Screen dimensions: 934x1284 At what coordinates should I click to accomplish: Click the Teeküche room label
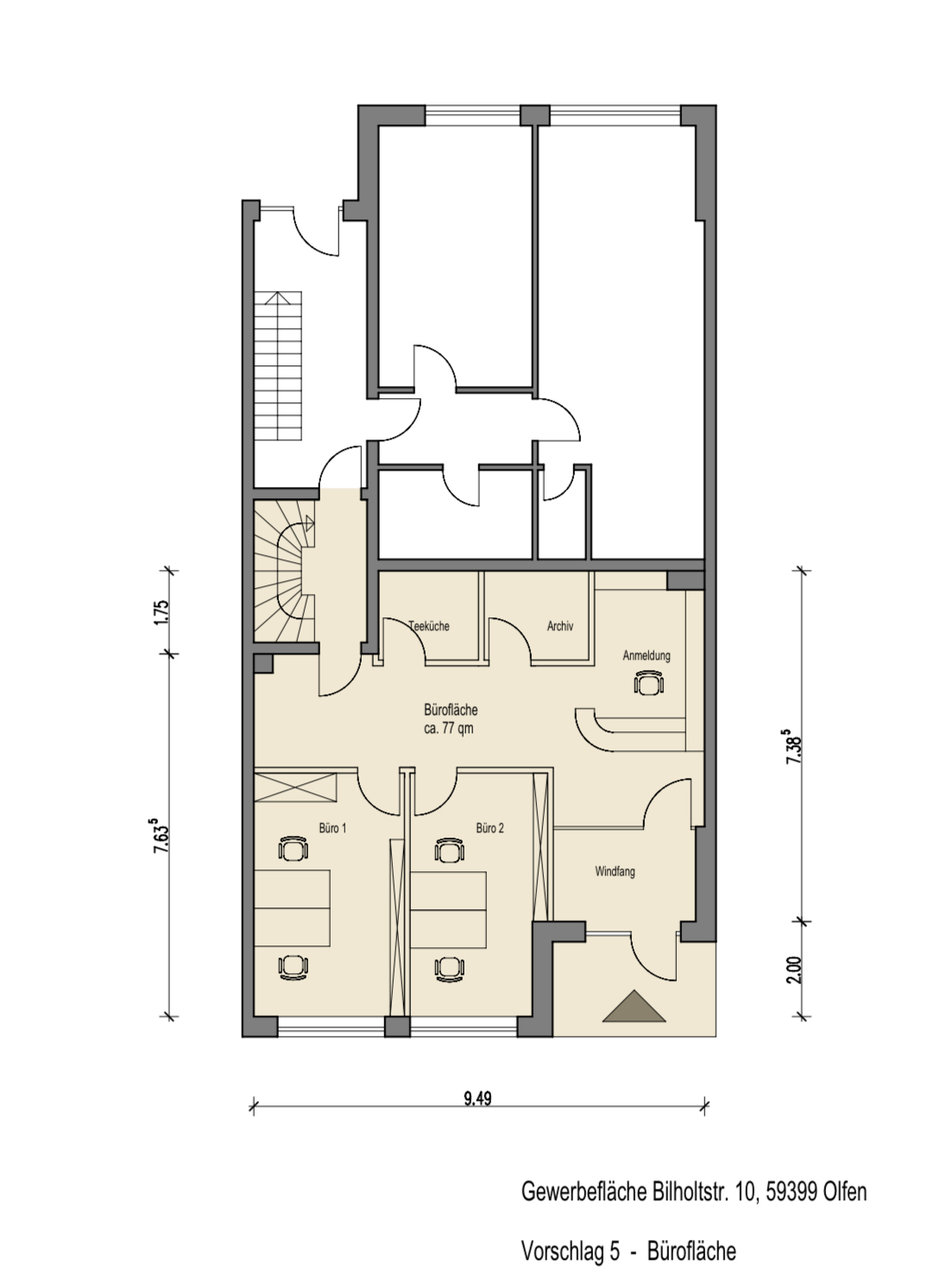pyautogui.click(x=429, y=626)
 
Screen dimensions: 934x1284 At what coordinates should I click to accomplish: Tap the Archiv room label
pyautogui.click(x=560, y=626)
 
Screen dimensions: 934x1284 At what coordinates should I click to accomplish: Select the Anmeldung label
pyautogui.click(x=647, y=655)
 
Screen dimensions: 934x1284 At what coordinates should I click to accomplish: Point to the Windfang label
pyautogui.click(x=615, y=872)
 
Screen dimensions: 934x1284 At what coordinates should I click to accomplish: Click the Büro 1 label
pyautogui.click(x=332, y=828)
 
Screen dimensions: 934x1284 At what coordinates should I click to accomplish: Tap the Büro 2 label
pyautogui.click(x=490, y=828)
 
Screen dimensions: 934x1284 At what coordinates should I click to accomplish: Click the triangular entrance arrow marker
pyautogui.click(x=634, y=1008)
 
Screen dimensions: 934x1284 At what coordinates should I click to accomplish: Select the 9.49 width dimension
pyautogui.click(x=477, y=1098)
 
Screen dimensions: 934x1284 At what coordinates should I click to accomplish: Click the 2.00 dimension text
pyautogui.click(x=794, y=970)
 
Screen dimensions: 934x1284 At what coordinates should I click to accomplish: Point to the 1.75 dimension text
pyautogui.click(x=162, y=611)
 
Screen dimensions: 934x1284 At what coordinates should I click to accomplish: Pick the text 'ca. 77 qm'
pyautogui.click(x=449, y=729)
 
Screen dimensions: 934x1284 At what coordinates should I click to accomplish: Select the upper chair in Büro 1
pyautogui.click(x=293, y=849)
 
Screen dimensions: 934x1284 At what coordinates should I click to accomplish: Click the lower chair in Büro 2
pyautogui.click(x=449, y=968)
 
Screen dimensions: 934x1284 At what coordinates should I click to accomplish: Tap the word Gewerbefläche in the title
pyautogui.click(x=584, y=1192)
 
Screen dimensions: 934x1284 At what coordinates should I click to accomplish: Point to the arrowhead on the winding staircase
pyautogui.click(x=310, y=522)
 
